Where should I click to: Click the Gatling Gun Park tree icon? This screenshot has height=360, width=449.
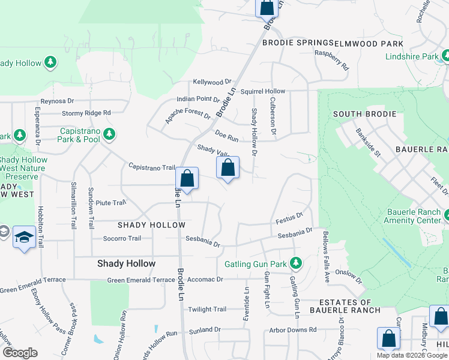click(x=295, y=263)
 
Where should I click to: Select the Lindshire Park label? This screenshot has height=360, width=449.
click(x=412, y=56)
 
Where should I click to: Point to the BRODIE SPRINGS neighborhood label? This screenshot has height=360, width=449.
click(x=298, y=43)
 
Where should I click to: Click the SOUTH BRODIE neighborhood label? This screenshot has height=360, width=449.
click(x=364, y=114)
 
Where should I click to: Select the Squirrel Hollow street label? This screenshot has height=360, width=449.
click(x=263, y=91)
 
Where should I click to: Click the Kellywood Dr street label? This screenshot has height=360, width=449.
click(x=212, y=82)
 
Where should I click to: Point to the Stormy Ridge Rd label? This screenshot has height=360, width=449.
click(x=86, y=113)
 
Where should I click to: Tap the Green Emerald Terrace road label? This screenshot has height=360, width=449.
click(x=140, y=280)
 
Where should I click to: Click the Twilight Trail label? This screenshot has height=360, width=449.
click(x=207, y=310)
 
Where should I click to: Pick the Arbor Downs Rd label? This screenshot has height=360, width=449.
click(x=292, y=330)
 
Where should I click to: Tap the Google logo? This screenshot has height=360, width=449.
click(x=20, y=353)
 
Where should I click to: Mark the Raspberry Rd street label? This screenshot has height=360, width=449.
click(x=332, y=60)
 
